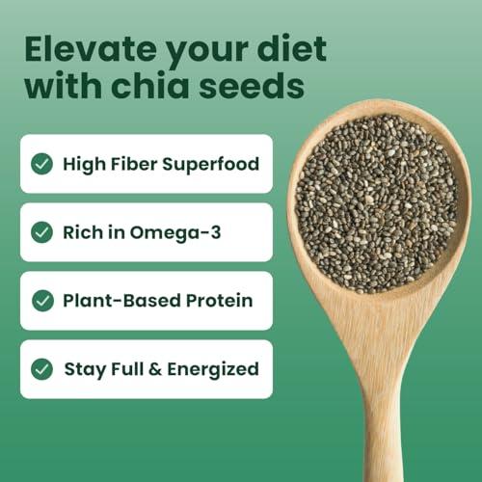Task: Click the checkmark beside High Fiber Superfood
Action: [41, 164]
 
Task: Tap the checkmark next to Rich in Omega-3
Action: [41, 232]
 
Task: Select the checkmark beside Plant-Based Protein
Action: [41, 301]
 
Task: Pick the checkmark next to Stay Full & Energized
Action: [41, 369]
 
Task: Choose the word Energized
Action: [211, 369]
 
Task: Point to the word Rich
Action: [83, 232]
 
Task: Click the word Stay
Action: [84, 369]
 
